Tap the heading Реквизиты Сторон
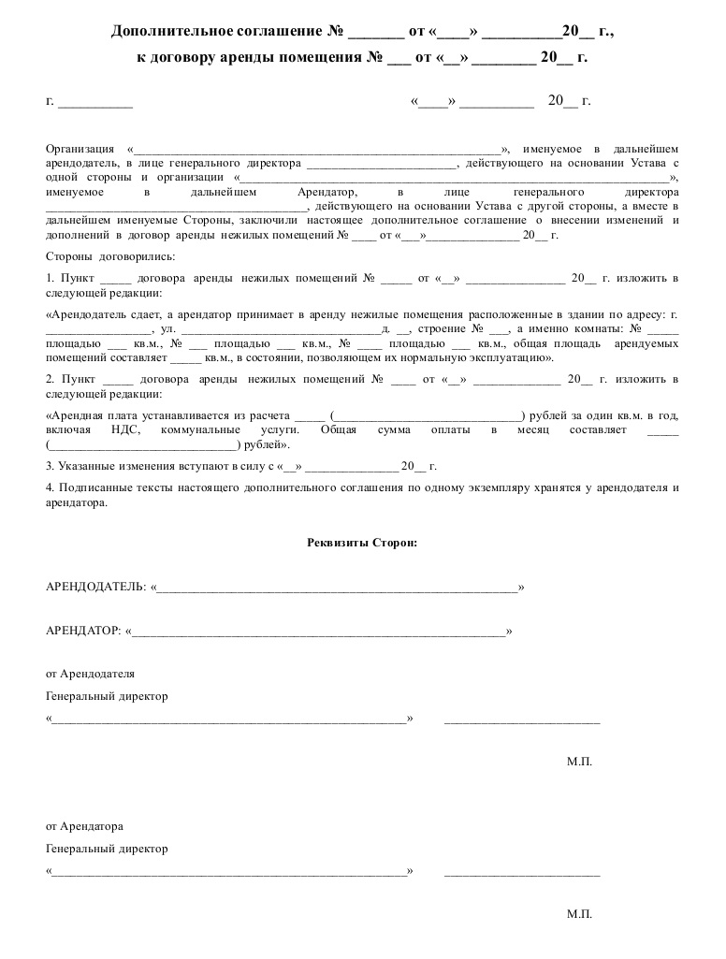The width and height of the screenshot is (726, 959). pyautogui.click(x=362, y=542)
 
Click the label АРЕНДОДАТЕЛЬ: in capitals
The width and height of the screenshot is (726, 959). pyautogui.click(x=95, y=587)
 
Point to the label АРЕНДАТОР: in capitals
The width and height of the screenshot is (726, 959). pyautogui.click(x=82, y=632)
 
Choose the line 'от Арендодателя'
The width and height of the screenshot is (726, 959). pyautogui.click(x=90, y=674)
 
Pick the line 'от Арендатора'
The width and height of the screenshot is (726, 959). pyautogui.click(x=84, y=827)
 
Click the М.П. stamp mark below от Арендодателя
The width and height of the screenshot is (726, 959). pyautogui.click(x=579, y=762)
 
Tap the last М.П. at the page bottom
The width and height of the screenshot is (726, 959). pyautogui.click(x=579, y=914)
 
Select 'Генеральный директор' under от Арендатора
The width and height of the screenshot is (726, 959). pyautogui.click(x=107, y=849)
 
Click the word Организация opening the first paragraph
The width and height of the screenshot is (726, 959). pyautogui.click(x=80, y=149)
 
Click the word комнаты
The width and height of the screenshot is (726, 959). pyautogui.click(x=595, y=329)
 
